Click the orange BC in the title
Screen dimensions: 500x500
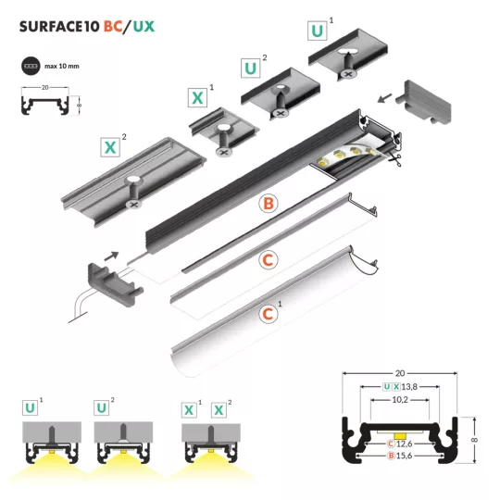pos(113,27)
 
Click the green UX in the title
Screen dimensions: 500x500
pos(144,27)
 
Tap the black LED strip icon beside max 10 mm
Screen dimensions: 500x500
pos(31,66)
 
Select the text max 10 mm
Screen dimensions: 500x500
pos(62,67)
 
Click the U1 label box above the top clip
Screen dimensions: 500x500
pos(318,31)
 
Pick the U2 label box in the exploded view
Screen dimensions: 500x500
pos(251,68)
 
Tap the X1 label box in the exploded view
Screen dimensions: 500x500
pos(198,97)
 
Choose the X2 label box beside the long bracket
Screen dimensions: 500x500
pos(110,147)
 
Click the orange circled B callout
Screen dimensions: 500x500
pos(269,204)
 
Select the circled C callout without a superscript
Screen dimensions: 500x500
pos(269,260)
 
